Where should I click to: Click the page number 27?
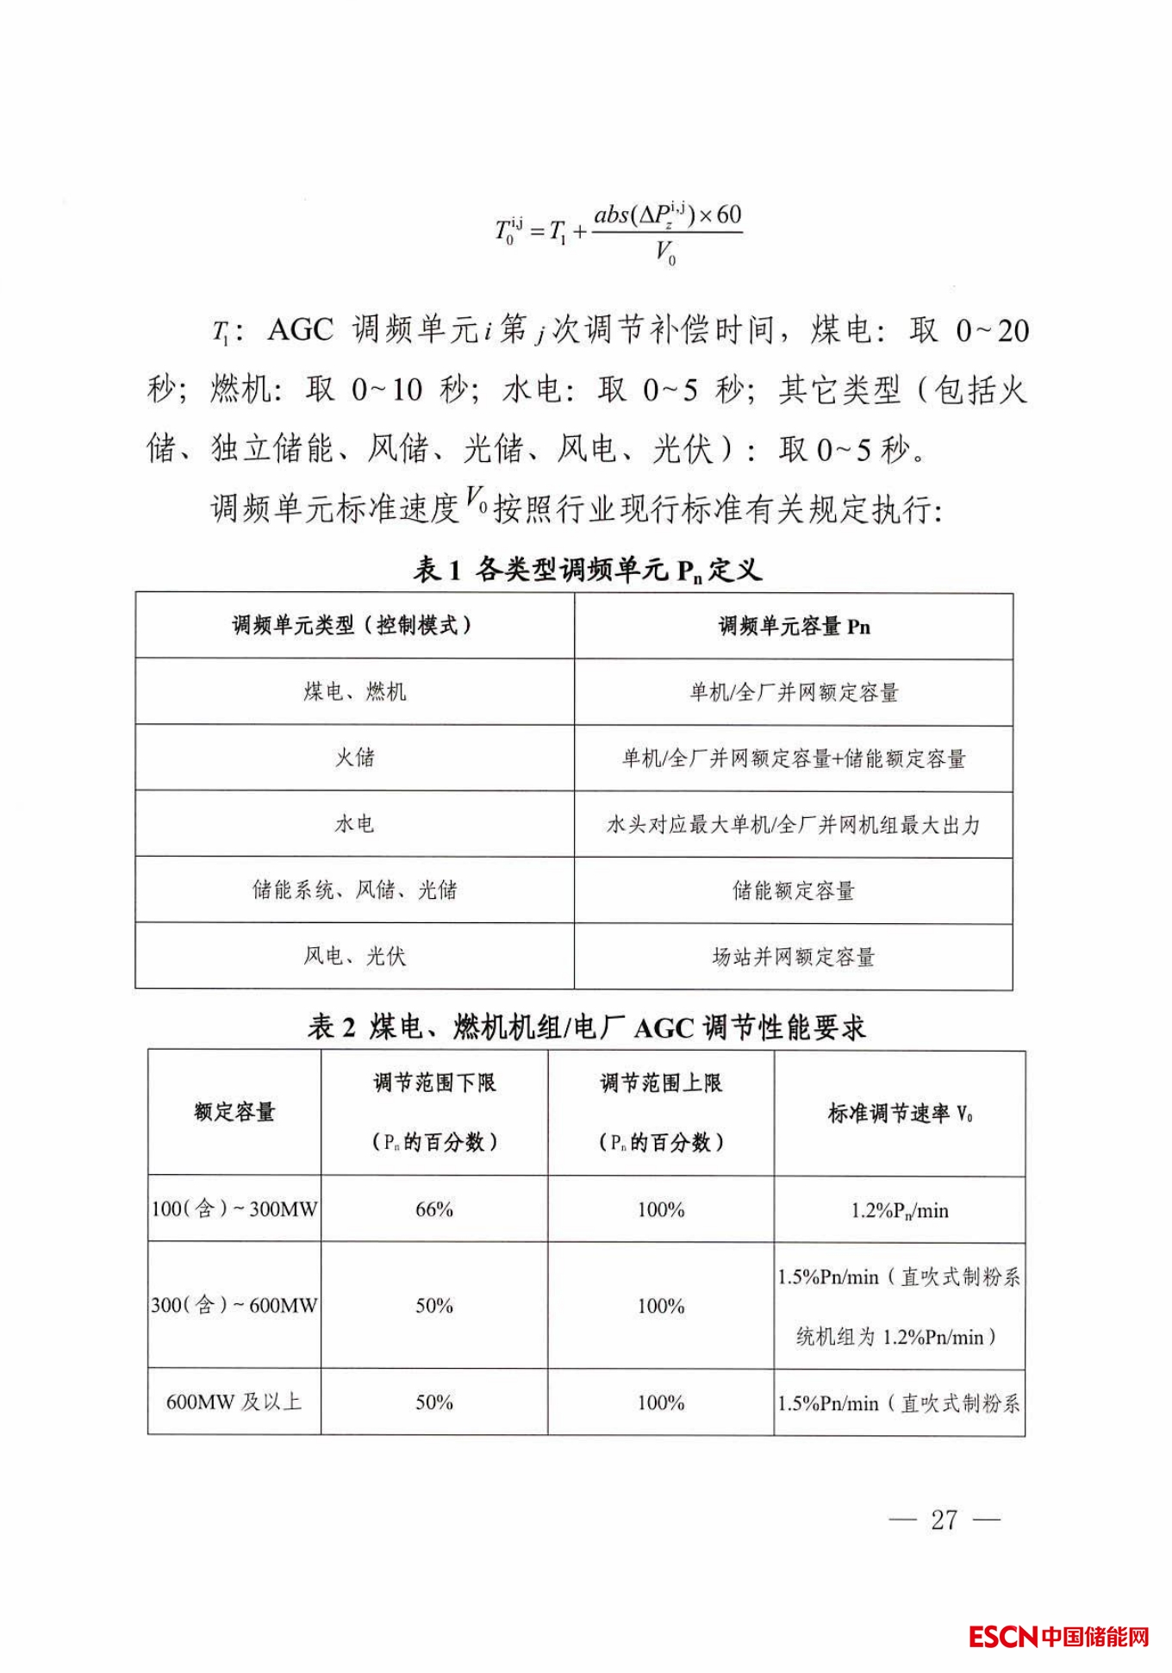point(944,1519)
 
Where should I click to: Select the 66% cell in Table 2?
point(433,1209)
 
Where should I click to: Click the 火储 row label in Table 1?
point(354,758)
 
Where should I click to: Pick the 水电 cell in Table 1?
point(354,824)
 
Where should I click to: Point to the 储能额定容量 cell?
point(793,890)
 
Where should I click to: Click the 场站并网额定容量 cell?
point(793,957)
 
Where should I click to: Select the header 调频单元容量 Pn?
point(794,627)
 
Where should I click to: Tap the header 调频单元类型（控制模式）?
point(354,626)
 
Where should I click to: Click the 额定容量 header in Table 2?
point(234,1112)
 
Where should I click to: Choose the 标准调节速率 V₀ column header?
point(900,1114)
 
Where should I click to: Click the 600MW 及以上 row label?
point(234,1402)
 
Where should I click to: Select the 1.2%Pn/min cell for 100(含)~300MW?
point(900,1210)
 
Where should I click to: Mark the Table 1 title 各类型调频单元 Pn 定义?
point(589,570)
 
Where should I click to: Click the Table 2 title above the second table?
point(587,1027)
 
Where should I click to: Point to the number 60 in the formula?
point(728,215)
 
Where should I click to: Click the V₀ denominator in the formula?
point(665,253)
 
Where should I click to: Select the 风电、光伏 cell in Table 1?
point(354,956)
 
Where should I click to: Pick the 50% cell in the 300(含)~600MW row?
point(433,1306)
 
